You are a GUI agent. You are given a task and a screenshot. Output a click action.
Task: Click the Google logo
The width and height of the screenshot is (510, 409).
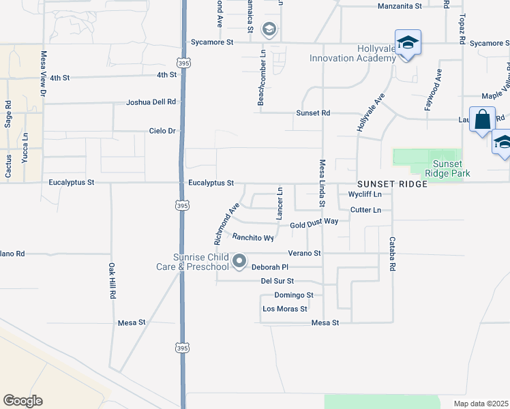(22, 401)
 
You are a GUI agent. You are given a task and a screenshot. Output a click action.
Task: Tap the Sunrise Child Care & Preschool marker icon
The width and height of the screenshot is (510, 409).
(239, 261)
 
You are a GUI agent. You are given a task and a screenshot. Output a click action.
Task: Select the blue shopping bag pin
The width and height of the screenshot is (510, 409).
(482, 120)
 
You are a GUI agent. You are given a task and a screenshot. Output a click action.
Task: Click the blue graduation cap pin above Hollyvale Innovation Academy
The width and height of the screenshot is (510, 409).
(407, 43)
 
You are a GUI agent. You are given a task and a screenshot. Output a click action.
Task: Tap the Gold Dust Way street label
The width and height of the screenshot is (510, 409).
(314, 223)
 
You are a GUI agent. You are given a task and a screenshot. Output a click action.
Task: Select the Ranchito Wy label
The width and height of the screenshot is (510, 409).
(253, 238)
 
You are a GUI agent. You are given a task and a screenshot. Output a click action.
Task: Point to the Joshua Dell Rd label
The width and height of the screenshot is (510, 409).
(151, 102)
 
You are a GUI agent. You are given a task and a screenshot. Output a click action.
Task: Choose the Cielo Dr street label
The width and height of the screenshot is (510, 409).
(162, 131)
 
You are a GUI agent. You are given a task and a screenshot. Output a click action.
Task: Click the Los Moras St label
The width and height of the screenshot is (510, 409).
(285, 309)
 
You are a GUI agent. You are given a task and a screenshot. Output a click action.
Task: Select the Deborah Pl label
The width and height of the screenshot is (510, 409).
(271, 268)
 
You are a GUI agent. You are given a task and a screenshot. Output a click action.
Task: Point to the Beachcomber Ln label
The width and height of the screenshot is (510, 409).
(261, 77)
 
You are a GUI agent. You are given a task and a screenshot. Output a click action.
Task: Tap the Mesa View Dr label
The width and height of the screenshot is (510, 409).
(43, 73)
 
